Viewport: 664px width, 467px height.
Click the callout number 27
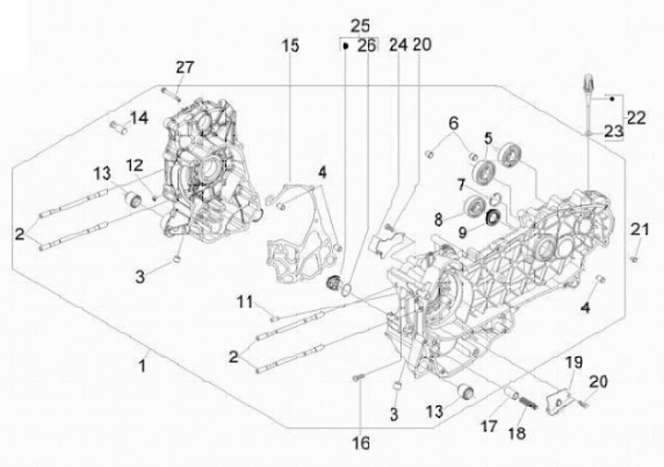[x=185, y=67]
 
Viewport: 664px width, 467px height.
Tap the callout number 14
[x=139, y=117]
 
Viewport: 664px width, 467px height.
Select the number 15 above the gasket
[x=290, y=45]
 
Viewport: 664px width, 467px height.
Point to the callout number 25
[x=360, y=26]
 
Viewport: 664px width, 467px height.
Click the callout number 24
[x=398, y=44]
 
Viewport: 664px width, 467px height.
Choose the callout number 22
[x=636, y=117]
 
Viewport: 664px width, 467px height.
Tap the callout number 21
[x=639, y=229]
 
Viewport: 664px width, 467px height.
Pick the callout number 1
[x=143, y=365]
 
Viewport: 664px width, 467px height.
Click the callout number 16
[x=362, y=443]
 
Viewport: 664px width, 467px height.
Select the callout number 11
[x=244, y=302]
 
